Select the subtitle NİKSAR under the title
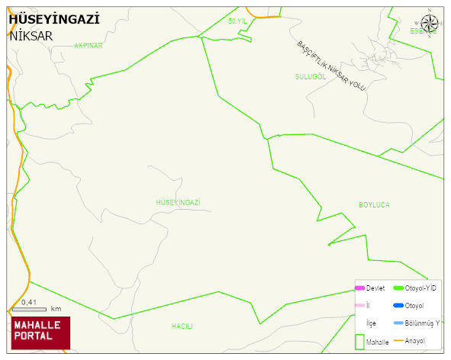(31, 36)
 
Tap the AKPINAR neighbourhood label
(88, 46)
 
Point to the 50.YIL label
(238, 21)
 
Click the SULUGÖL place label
(311, 76)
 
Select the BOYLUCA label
(374, 205)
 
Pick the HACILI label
(182, 326)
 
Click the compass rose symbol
(430, 24)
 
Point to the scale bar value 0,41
(29, 303)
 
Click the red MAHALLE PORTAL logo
(40, 332)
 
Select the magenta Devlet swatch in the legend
(359, 288)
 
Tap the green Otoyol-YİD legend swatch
(398, 288)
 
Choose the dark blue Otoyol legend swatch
(398, 306)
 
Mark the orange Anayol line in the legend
(398, 340)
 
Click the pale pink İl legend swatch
(359, 306)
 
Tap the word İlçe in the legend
(372, 323)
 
